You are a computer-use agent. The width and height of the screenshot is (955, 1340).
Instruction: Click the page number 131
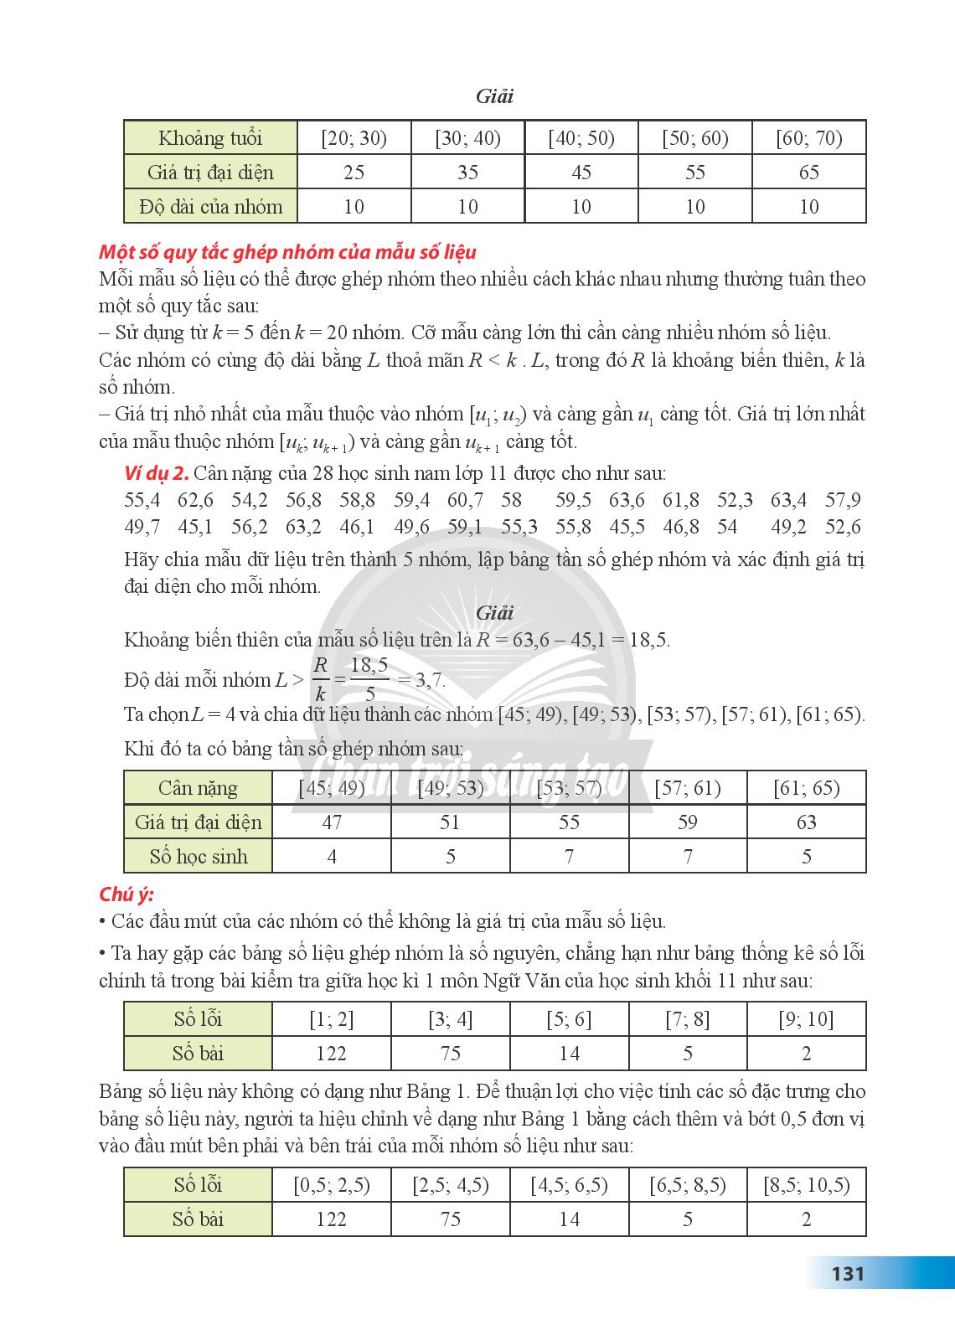847,1274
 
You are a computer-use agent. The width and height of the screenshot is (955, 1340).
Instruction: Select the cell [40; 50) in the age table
581,138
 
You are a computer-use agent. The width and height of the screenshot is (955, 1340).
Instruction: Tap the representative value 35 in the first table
467,173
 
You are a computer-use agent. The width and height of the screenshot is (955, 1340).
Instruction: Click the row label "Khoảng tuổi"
210,138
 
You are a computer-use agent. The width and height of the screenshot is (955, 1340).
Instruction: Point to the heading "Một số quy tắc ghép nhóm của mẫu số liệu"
287,251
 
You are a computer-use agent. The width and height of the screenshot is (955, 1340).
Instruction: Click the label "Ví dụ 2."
154,473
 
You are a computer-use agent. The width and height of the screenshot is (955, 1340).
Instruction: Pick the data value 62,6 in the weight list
195,500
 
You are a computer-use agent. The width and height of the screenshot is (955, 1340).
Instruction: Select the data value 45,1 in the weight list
195,527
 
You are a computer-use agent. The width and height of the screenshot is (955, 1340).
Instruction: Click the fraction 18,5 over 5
369,679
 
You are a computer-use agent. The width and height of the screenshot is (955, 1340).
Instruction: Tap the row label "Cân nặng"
198,788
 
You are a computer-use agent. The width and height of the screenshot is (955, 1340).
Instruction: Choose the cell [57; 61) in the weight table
687,788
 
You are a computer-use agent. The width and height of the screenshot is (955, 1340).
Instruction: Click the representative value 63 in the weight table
806,822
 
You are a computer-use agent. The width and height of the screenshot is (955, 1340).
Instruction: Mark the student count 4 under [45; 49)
332,857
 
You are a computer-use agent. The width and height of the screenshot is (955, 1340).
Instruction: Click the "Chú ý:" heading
126,894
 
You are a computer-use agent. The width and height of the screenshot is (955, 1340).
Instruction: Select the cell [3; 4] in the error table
450,1019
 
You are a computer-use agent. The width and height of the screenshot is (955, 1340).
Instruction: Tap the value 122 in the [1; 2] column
332,1054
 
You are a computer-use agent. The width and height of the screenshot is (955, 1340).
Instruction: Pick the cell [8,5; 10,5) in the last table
806,1185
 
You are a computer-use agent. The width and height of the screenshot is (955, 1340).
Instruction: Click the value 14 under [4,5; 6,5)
569,1219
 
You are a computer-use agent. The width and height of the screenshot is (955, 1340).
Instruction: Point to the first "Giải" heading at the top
494,96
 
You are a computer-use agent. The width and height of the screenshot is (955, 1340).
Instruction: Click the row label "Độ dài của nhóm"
210,207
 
